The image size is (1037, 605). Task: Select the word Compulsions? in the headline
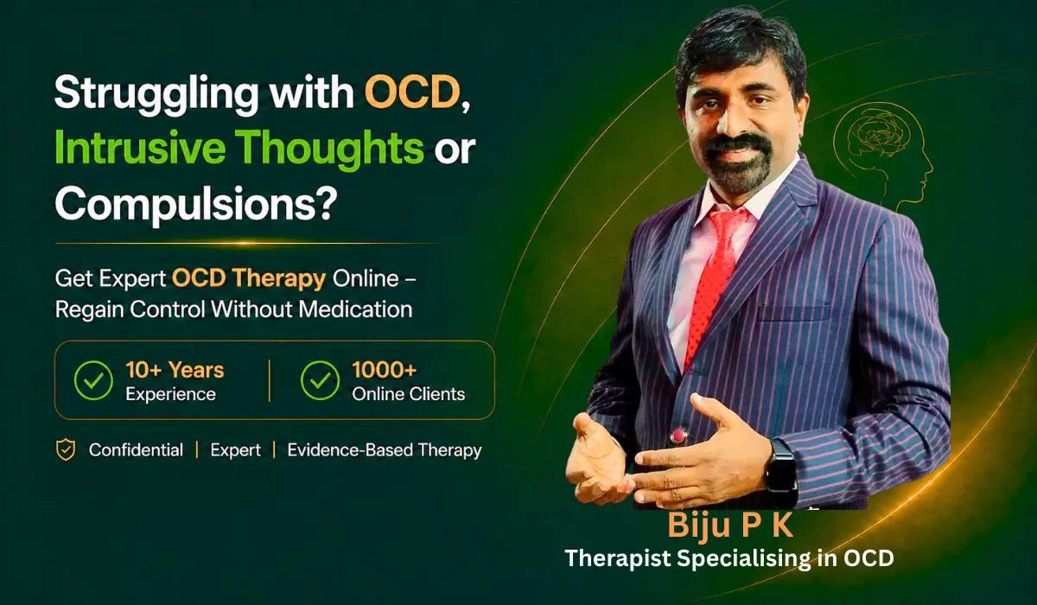tap(196, 204)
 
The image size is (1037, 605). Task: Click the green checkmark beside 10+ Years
tap(93, 380)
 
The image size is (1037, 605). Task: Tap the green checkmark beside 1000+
tap(320, 380)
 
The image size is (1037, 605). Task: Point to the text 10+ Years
tap(175, 370)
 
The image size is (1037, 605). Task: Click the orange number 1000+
tap(385, 370)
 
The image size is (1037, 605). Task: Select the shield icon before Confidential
tap(66, 450)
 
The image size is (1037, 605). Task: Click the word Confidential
tap(136, 450)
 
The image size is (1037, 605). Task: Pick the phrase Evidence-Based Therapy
tap(385, 450)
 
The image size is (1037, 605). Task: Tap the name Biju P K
tap(730, 525)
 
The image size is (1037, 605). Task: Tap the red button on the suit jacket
tap(678, 436)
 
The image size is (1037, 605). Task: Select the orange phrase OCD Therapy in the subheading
tap(249, 278)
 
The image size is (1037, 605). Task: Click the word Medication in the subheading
tap(355, 309)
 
